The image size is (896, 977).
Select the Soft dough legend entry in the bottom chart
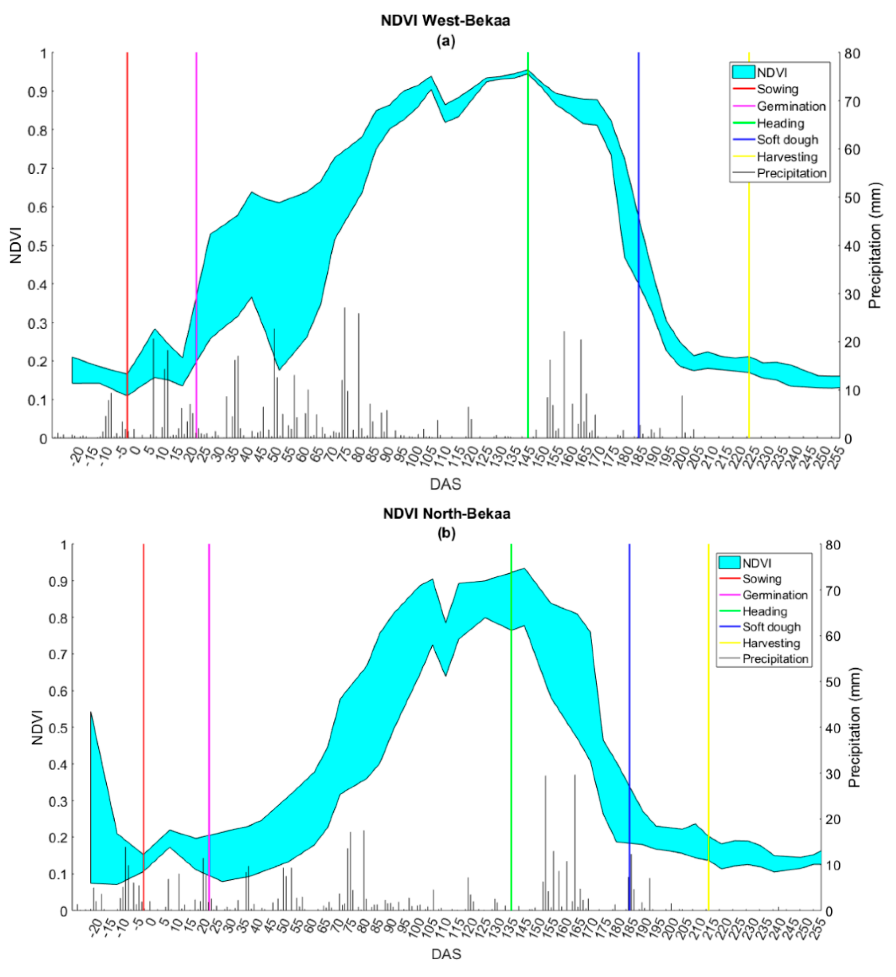(771, 627)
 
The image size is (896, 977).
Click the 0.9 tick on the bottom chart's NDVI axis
(57, 581)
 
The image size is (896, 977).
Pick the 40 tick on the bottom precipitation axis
(833, 728)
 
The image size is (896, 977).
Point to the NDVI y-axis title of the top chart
(16, 246)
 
